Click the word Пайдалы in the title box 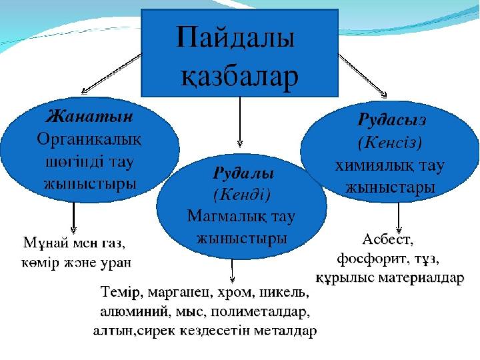[x=235, y=38]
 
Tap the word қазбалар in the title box [x=239, y=77]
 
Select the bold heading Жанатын [x=89, y=117]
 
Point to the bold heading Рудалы [x=243, y=173]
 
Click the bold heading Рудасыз [x=391, y=120]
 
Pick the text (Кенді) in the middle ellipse [x=242, y=195]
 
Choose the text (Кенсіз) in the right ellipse [x=390, y=143]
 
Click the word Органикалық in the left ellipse [x=89, y=140]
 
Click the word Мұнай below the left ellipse [x=45, y=243]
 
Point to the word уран [x=116, y=263]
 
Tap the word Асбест [x=388, y=239]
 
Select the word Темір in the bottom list [x=120, y=292]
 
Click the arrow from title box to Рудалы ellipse [x=240, y=122]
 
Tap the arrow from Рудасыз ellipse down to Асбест [x=399, y=217]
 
